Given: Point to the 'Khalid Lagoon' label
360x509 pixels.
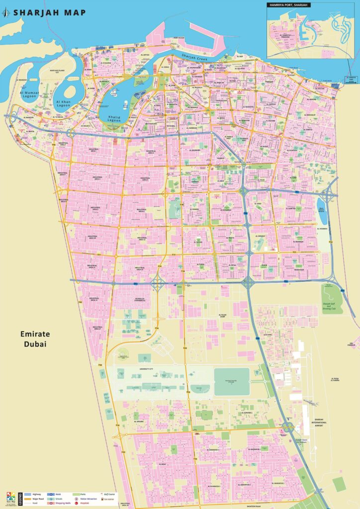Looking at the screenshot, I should tap(115, 118).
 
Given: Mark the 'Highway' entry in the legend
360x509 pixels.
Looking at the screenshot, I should tap(37, 494).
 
